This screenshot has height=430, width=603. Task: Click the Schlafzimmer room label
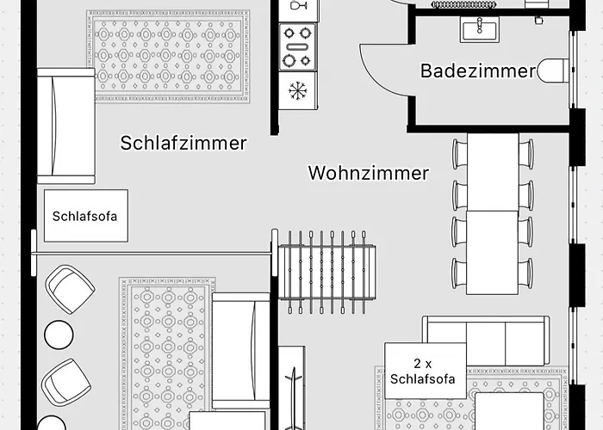pyautogui.click(x=183, y=143)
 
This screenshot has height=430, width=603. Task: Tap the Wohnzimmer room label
pyautogui.click(x=369, y=173)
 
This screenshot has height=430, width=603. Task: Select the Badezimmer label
pyautogui.click(x=477, y=71)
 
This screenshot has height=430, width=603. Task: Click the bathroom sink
pyautogui.click(x=480, y=29)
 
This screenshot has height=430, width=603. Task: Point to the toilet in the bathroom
pyautogui.click(x=552, y=71)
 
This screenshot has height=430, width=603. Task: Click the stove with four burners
pyautogui.click(x=298, y=46)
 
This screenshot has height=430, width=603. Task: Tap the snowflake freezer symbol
pyautogui.click(x=297, y=91)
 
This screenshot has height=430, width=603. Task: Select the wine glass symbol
pyautogui.click(x=298, y=5)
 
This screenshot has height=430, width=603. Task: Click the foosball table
pyautogui.click(x=327, y=272)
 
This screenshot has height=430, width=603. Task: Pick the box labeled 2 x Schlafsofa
pyautogui.click(x=426, y=371)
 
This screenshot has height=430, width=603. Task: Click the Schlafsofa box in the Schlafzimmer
pyautogui.click(x=86, y=216)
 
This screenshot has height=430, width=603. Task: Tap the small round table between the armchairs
pyautogui.click(x=59, y=335)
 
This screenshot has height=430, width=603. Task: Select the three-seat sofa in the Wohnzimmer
pyautogui.click(x=486, y=341)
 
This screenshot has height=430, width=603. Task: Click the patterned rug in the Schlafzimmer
pyautogui.click(x=168, y=57)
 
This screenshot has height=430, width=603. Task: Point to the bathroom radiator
pyautogui.click(x=463, y=4)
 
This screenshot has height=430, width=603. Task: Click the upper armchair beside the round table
pyautogui.click(x=70, y=289)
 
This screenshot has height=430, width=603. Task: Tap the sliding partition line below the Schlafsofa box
pyautogui.click(x=154, y=253)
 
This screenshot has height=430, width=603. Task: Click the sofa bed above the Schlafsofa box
pyautogui.click(x=66, y=126)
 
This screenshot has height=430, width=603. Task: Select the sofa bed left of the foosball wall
pyautogui.click(x=241, y=351)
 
